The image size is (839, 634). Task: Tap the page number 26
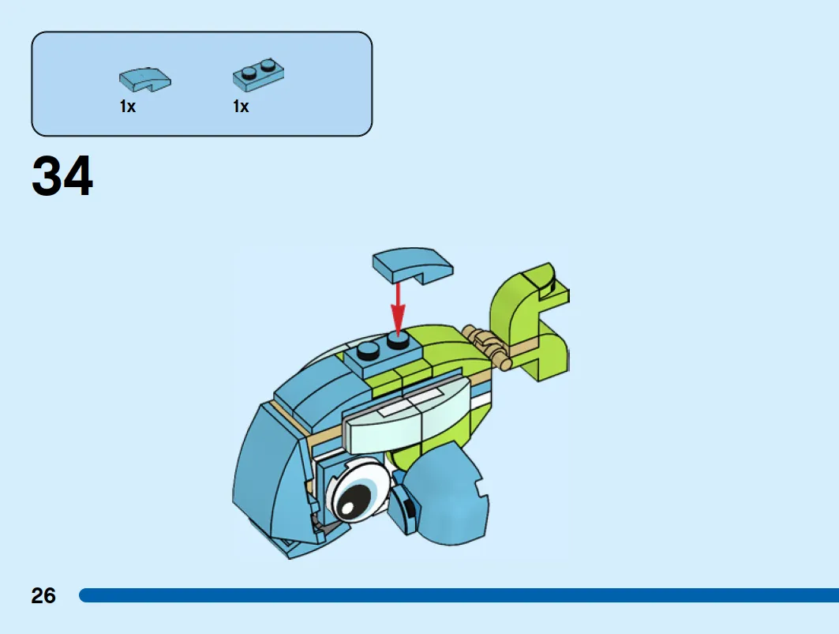tap(43, 595)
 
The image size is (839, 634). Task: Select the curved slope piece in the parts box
tap(145, 79)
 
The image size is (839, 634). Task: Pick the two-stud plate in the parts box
tap(258, 75)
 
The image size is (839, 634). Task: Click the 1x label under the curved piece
tap(127, 107)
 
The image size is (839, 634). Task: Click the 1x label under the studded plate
tap(241, 107)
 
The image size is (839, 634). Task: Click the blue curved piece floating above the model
tap(413, 265)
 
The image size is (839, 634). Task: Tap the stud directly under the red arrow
tap(398, 340)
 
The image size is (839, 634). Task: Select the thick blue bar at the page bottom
tap(459, 595)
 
